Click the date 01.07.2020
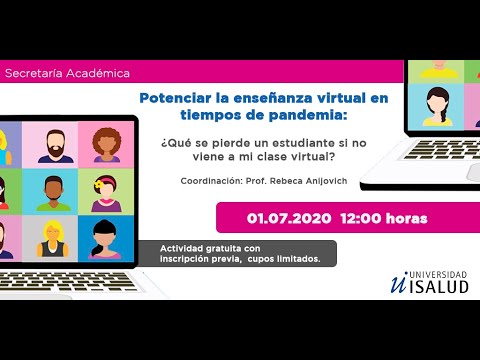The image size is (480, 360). coord(290,218)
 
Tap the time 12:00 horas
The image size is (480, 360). coord(384,218)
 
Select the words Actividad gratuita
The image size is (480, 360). coord(197,248)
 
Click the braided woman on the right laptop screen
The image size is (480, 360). coord(440,104)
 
